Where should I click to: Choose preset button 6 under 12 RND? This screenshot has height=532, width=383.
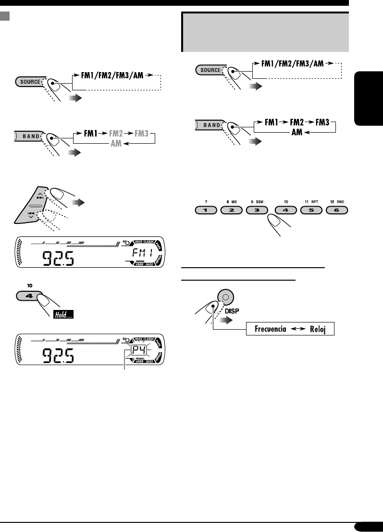click(336, 211)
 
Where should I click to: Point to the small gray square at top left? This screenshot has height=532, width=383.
click(5, 16)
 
